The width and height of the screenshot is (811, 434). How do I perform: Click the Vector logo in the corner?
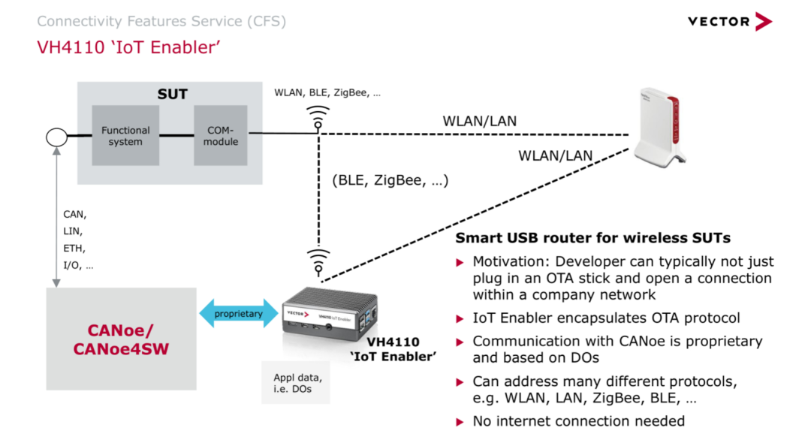coord(729,21)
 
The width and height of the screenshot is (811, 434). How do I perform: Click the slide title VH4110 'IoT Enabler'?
coord(128,47)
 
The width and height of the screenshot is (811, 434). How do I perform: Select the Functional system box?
coord(125,136)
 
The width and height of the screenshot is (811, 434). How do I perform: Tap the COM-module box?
coord(221,136)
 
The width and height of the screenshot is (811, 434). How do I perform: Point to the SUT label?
coord(172,95)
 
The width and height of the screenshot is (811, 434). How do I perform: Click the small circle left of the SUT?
coord(57,137)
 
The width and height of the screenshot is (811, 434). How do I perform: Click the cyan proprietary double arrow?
coord(238,314)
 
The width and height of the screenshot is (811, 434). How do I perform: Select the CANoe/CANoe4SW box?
coord(121,339)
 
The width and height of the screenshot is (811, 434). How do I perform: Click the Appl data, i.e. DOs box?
coord(295,383)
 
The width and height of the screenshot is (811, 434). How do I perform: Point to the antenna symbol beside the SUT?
coord(318,117)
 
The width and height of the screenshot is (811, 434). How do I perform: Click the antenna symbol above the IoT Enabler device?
coord(318,260)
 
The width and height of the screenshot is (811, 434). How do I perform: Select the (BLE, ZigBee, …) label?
coord(390,180)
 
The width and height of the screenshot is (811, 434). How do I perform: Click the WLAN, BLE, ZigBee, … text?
coord(327,93)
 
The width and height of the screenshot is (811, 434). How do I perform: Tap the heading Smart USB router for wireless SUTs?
coord(593,239)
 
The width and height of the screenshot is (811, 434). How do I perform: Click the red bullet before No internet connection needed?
coord(460,422)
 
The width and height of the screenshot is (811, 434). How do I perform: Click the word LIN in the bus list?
coord(73,231)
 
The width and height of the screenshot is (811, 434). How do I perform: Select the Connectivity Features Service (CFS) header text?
coord(161,21)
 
